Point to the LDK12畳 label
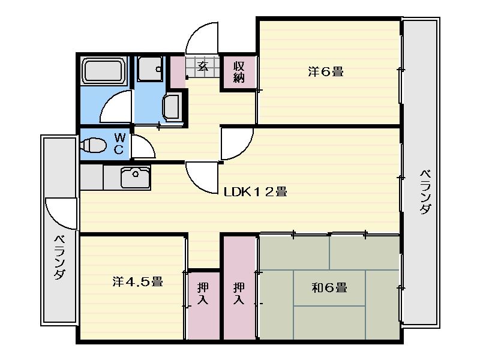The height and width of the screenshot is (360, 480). pyautogui.click(x=255, y=192)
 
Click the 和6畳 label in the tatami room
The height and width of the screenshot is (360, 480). pyautogui.click(x=329, y=288)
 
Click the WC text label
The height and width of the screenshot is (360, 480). pyautogui.click(x=119, y=143)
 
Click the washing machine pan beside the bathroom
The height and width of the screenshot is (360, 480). pyautogui.click(x=149, y=68)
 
